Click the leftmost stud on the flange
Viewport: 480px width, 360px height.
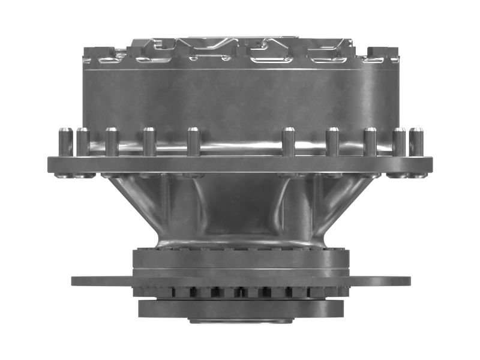[65, 143]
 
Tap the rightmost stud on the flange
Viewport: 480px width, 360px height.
[416, 143]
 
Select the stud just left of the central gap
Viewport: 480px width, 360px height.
[193, 143]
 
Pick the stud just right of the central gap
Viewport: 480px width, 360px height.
[289, 143]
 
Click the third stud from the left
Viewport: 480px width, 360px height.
[112, 143]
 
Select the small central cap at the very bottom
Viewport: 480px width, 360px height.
[241, 320]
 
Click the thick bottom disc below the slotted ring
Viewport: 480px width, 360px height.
[241, 308]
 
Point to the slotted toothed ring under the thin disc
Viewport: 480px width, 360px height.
[241, 292]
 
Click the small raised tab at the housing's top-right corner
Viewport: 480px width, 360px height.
[383, 53]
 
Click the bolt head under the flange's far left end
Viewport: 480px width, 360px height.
[62, 176]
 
